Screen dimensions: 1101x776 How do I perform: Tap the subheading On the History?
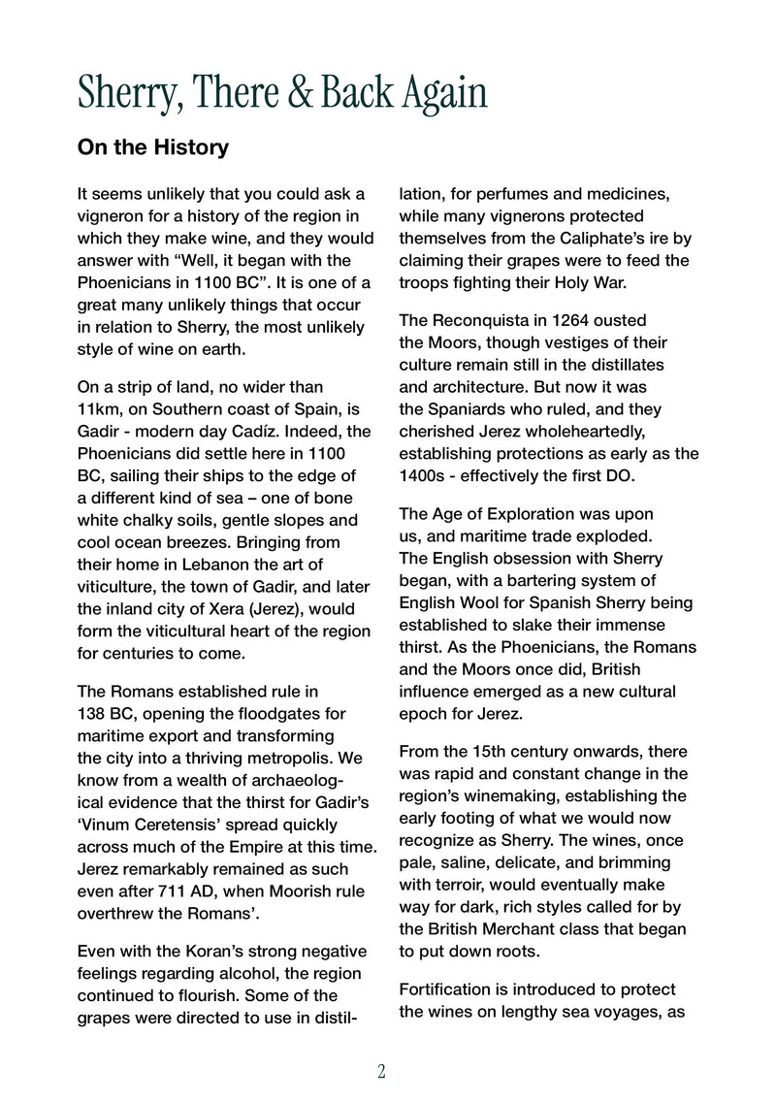[152, 148]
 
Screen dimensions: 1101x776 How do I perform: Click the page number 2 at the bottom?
[381, 1072]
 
